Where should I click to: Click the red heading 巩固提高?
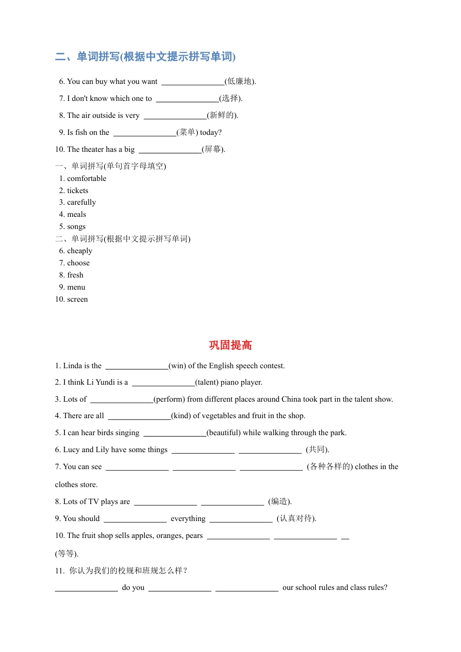click(230, 345)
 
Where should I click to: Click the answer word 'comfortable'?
click(86, 179)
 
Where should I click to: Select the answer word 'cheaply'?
click(80, 251)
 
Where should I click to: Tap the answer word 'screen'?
click(78, 299)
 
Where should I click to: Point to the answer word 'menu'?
click(76, 287)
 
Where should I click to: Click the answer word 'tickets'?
click(78, 191)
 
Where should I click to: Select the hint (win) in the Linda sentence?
click(177, 366)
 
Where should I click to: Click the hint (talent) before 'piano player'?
click(207, 382)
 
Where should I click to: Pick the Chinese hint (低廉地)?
click(240, 81)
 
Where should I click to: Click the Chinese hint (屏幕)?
click(213, 149)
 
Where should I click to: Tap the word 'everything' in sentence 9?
click(188, 519)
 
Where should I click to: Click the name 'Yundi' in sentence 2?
click(105, 382)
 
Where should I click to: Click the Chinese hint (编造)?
click(280, 502)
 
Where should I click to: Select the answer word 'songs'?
click(76, 227)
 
